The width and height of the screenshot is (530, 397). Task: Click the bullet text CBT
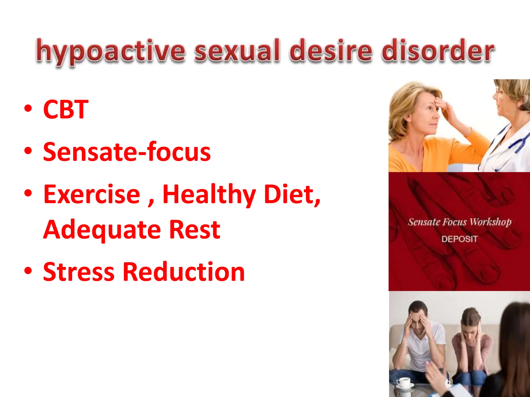66,110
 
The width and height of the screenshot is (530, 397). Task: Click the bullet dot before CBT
28,109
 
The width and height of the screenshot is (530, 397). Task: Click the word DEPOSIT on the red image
459,239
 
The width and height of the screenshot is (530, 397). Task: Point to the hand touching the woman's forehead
445,106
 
